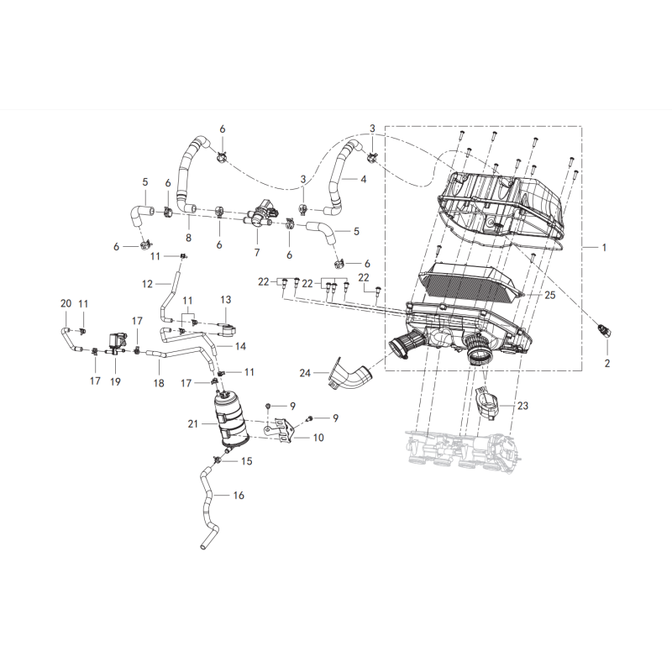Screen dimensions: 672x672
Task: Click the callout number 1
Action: pyautogui.click(x=606, y=248)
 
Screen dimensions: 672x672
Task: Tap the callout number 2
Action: pyautogui.click(x=606, y=364)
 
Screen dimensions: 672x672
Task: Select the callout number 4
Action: pyautogui.click(x=364, y=179)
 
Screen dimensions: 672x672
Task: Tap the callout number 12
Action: pyautogui.click(x=147, y=284)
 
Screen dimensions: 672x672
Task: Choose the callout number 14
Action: pyautogui.click(x=240, y=345)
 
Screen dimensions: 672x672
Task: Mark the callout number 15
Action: pyautogui.click(x=247, y=461)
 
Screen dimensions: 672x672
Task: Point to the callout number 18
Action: pyautogui.click(x=159, y=383)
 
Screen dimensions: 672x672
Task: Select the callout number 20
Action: pyautogui.click(x=66, y=303)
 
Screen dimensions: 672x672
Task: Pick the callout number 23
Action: pyautogui.click(x=522, y=406)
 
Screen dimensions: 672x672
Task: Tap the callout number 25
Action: pyautogui.click(x=550, y=296)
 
